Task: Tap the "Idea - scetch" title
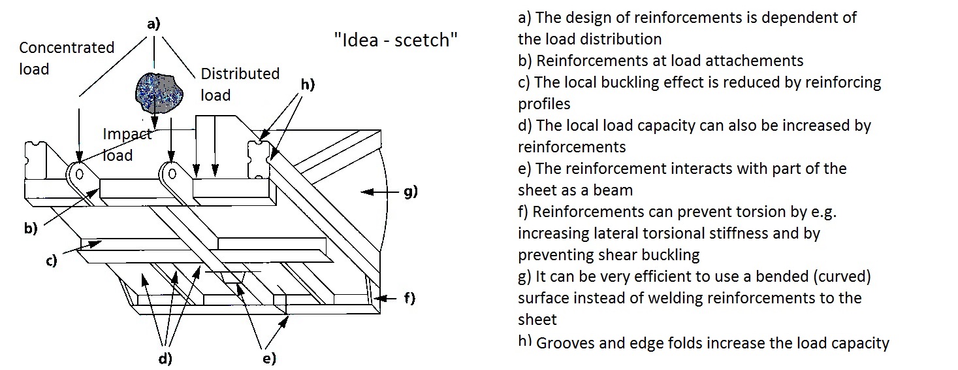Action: click(396, 40)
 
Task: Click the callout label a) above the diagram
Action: click(153, 24)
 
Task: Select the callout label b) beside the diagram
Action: click(31, 228)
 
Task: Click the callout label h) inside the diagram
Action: click(308, 84)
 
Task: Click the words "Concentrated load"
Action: click(66, 58)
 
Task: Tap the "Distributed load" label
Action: click(239, 84)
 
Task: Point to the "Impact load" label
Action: click(127, 144)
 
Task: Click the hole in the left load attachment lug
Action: click(78, 175)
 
